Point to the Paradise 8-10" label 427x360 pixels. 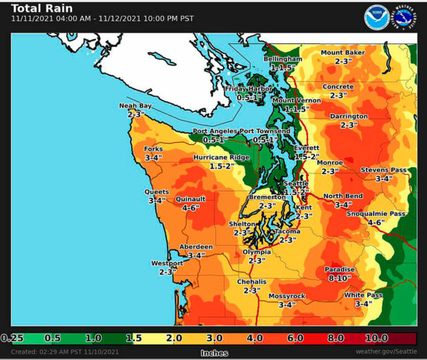coord(340,273)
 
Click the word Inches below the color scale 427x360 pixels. coord(214,353)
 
